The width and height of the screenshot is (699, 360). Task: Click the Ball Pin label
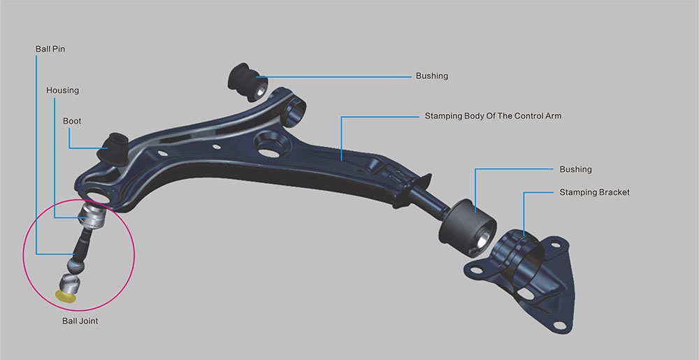(x=50, y=50)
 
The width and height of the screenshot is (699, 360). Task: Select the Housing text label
(x=62, y=90)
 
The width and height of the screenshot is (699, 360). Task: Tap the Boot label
(x=72, y=121)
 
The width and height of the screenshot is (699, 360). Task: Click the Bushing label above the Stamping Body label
(x=431, y=75)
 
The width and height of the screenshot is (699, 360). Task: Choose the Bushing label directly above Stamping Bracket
(x=575, y=169)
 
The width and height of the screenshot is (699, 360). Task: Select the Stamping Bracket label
(x=594, y=192)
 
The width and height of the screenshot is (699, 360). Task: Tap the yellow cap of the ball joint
(x=65, y=296)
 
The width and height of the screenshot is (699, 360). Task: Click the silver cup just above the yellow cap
(x=71, y=282)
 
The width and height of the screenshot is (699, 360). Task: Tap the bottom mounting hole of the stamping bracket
(x=558, y=324)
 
